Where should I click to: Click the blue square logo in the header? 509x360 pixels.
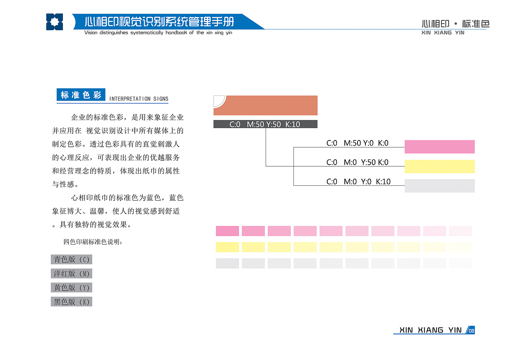(54, 22)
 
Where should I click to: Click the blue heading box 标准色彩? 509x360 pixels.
(81, 95)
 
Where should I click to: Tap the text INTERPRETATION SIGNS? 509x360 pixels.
(139, 99)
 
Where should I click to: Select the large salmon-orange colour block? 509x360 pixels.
(265, 105)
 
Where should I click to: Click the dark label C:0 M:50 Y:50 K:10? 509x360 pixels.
(265, 124)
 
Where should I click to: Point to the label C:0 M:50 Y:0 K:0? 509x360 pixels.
(357, 143)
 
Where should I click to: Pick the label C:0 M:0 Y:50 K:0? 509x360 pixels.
(357, 162)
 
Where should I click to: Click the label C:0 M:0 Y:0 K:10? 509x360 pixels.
(358, 181)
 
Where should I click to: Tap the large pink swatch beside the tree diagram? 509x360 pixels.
(439, 147)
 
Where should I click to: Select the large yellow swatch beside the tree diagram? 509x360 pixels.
(439, 166)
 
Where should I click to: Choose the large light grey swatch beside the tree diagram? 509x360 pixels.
(439, 186)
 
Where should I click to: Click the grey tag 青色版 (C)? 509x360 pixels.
(71, 259)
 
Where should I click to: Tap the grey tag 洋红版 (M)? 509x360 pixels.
(71, 273)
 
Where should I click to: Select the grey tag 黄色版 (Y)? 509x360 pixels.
(71, 288)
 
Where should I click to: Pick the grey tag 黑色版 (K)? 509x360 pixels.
(71, 302)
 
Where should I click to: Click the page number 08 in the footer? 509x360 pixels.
(471, 331)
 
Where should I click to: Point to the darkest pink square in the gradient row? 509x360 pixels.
(227, 231)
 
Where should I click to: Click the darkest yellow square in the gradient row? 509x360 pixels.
(227, 247)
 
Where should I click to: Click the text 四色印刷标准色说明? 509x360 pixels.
(93, 242)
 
